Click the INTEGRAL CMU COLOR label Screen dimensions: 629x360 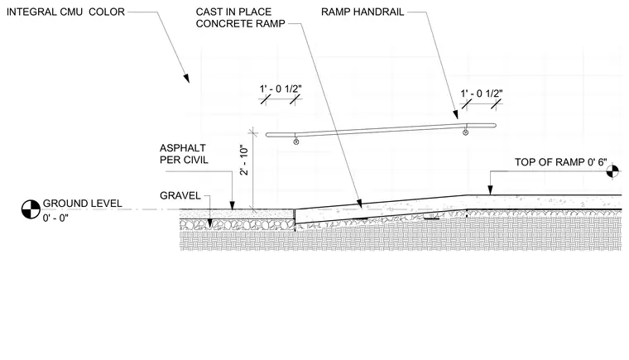(65, 12)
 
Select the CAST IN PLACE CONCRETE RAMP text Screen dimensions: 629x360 (240, 17)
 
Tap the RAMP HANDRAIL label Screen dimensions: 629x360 (363, 12)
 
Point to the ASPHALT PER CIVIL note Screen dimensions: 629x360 (184, 154)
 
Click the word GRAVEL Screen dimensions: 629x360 (180, 196)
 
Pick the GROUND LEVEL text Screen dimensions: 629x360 (82, 204)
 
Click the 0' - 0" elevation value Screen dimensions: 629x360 (55, 218)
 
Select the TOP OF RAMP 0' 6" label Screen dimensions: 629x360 (561, 162)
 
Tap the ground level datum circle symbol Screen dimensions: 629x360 (31, 209)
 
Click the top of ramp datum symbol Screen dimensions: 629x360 (612, 171)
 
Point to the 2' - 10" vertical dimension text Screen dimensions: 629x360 (244, 161)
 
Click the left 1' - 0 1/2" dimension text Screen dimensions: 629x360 (281, 89)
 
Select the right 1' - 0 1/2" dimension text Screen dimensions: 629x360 (482, 94)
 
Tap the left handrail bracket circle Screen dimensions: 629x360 (296, 142)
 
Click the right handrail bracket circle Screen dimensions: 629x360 (465, 132)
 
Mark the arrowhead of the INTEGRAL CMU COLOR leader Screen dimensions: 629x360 (186, 79)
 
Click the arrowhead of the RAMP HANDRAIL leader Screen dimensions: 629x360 (456, 114)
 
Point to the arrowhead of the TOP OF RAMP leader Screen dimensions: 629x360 (490, 190)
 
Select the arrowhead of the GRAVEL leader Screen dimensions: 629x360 (209, 223)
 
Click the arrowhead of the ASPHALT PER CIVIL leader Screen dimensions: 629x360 (233, 204)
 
